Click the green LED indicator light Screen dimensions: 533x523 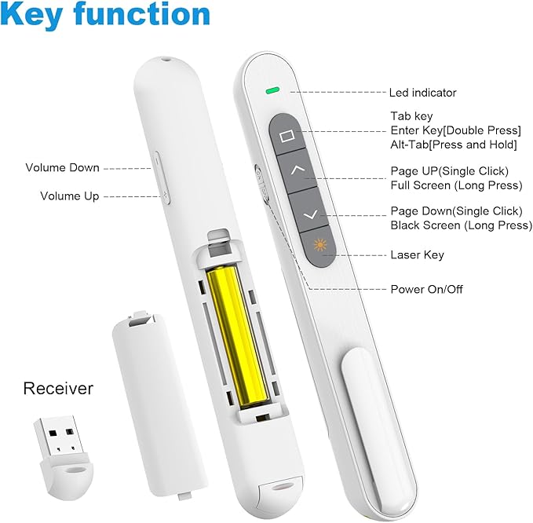click(272, 90)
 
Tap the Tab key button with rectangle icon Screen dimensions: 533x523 click(287, 134)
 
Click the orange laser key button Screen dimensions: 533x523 click(319, 246)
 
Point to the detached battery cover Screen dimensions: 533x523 click(159, 404)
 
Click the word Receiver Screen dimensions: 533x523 click(58, 389)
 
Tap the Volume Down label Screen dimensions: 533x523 click(63, 167)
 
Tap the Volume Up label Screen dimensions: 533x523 click(70, 196)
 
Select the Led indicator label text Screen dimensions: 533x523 click(422, 93)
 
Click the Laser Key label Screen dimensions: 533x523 click(417, 254)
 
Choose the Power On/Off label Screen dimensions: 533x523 click(426, 290)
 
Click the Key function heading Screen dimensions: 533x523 click(105, 15)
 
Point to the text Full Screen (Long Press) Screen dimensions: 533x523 click(456, 185)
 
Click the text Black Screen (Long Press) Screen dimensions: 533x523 click(462, 225)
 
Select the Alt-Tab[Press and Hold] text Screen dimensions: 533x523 click(454, 144)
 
